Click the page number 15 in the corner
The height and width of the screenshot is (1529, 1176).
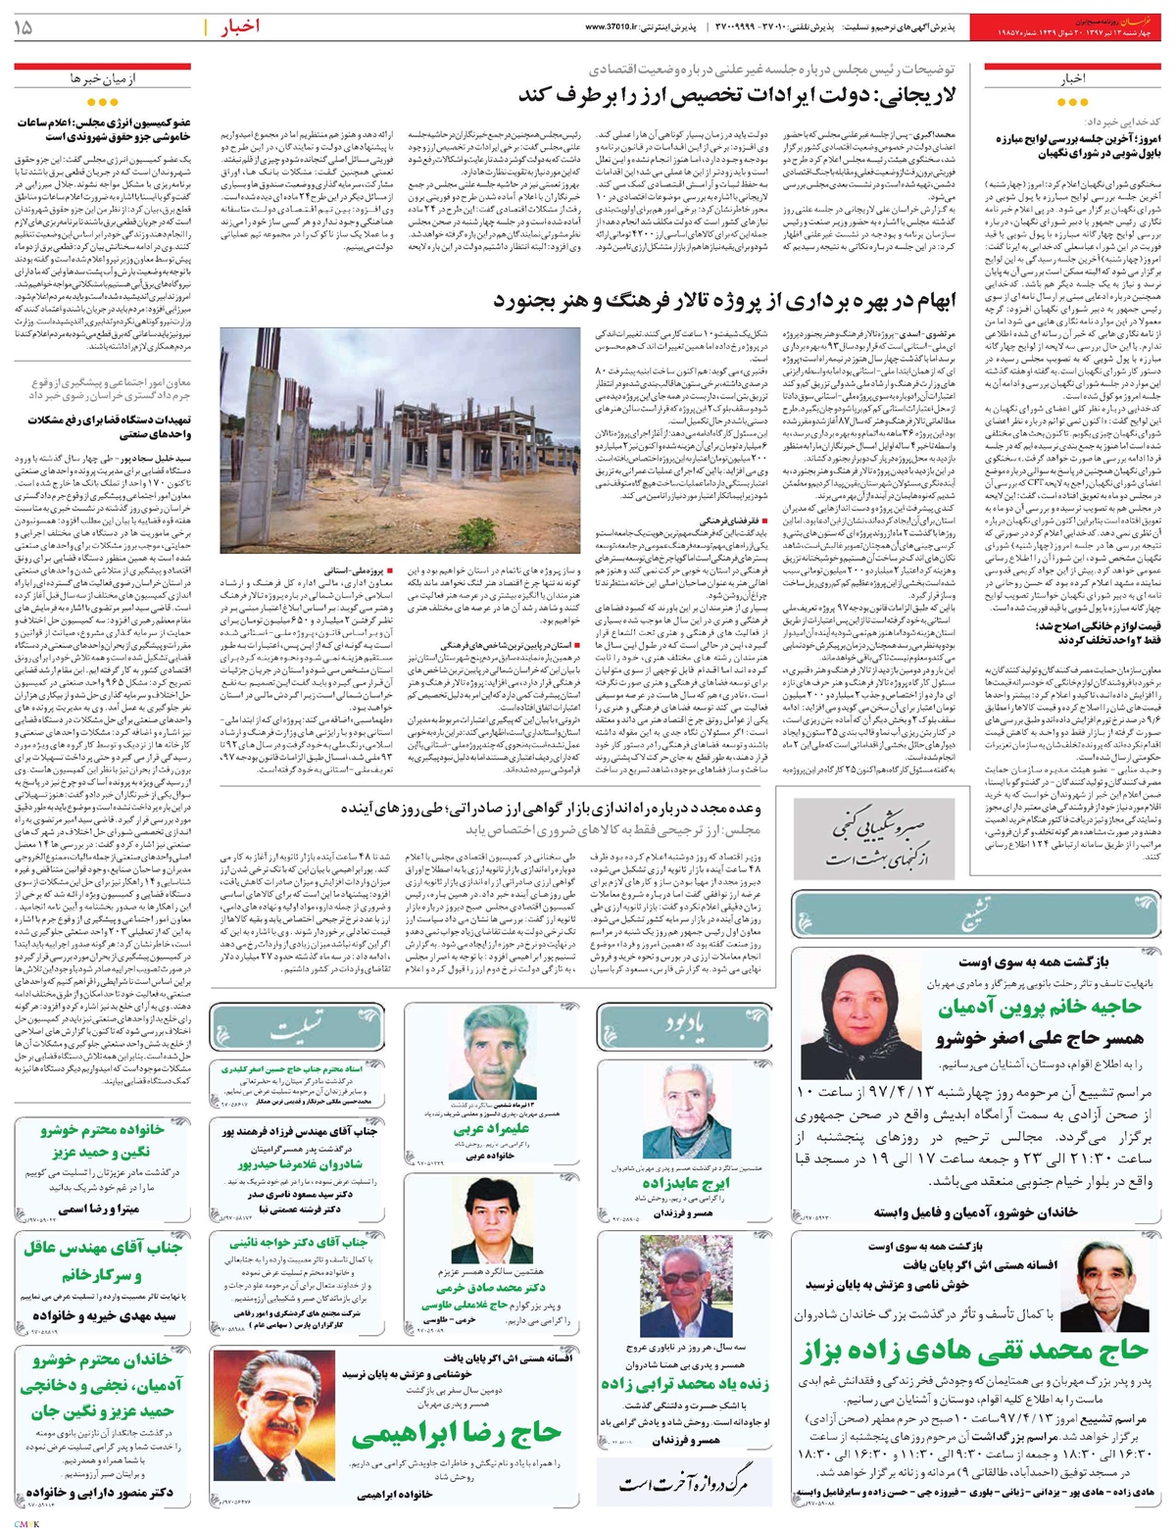click(x=23, y=28)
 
